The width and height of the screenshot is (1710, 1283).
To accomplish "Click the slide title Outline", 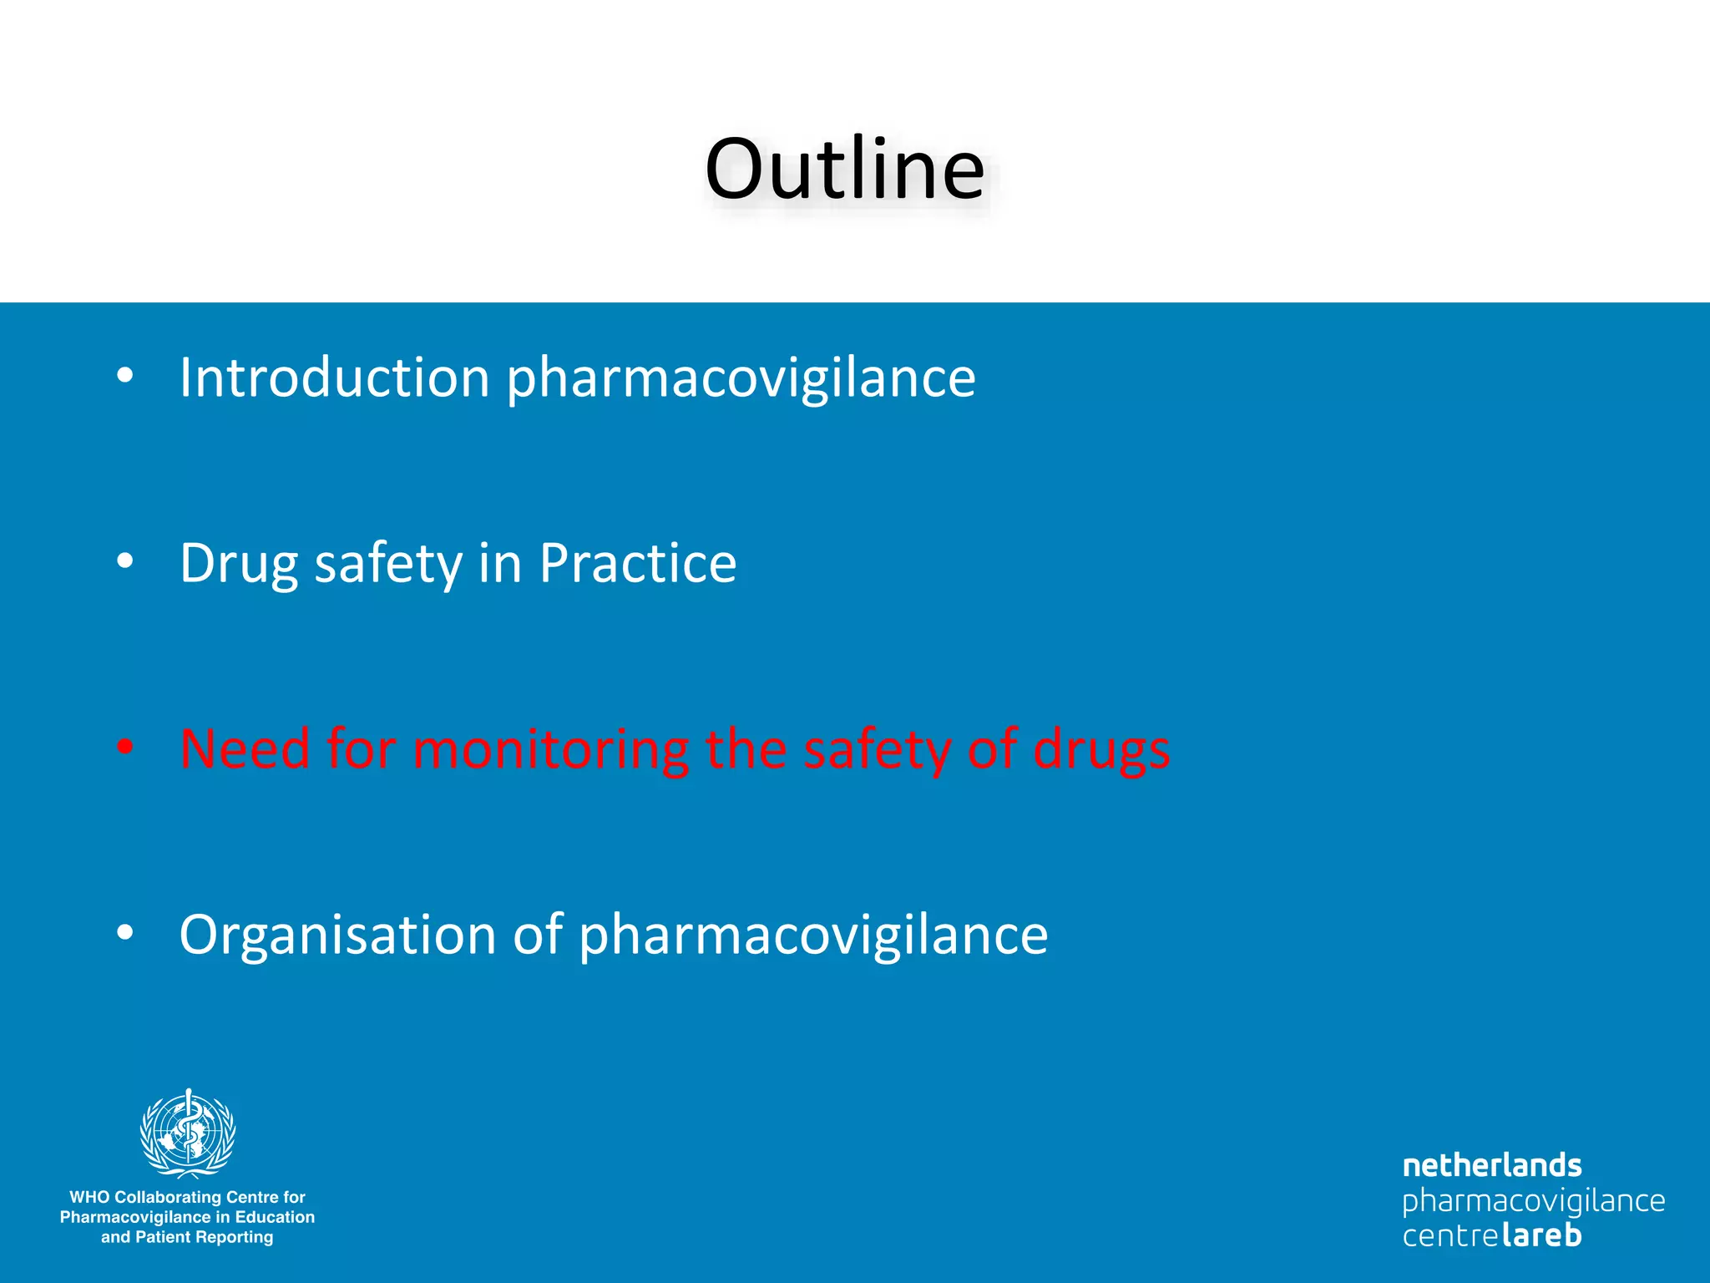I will (x=844, y=170).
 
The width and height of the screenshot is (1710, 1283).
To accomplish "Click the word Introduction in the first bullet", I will (x=334, y=378).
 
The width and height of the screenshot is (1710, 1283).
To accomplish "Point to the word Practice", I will (x=638, y=563).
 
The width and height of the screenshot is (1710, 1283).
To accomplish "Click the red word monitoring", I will (x=551, y=749).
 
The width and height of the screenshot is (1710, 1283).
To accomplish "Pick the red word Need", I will (x=245, y=748).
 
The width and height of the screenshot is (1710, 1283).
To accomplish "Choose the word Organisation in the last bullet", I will (x=337, y=936).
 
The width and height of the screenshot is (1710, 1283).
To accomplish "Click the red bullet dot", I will (x=125, y=746).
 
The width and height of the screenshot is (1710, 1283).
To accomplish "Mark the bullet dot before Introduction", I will (x=125, y=375).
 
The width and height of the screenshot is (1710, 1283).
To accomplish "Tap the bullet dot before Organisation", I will (x=125, y=932).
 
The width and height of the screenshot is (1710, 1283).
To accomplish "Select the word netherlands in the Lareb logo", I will (x=1491, y=1165).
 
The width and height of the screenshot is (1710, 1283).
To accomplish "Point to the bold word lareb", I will (x=1541, y=1235).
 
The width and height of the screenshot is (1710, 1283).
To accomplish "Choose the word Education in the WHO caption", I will (x=275, y=1217).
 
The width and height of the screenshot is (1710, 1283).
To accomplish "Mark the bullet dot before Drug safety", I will (x=125, y=560).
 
